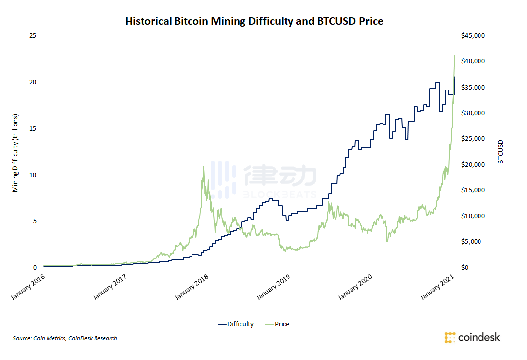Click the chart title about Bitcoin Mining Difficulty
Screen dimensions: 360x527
click(x=254, y=21)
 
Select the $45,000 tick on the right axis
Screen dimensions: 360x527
click(x=473, y=36)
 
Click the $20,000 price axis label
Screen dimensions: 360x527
click(x=473, y=165)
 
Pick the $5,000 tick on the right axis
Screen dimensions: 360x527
click(x=475, y=242)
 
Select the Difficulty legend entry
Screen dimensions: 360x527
click(x=236, y=324)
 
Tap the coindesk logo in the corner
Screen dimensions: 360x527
click(x=472, y=338)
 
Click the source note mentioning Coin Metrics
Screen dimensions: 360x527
click(x=65, y=338)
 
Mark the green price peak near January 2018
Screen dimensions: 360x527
click(x=203, y=167)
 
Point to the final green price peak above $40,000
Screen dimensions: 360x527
click(x=454, y=56)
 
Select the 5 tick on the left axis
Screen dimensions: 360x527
click(x=34, y=221)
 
